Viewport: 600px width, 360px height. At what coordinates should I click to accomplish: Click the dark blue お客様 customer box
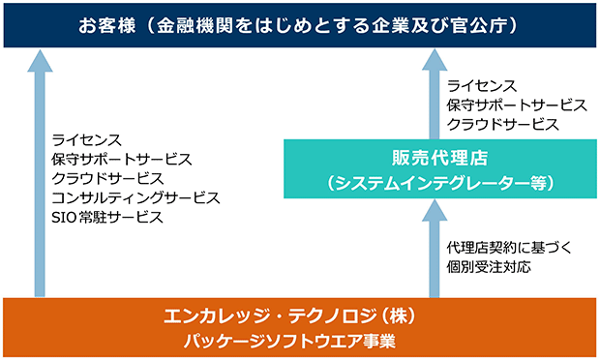pos(300,25)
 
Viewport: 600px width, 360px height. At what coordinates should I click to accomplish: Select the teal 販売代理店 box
pos(440,168)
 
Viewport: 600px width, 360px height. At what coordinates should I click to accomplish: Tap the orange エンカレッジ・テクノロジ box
pos(300,327)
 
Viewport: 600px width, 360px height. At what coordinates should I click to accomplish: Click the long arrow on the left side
pos(40,173)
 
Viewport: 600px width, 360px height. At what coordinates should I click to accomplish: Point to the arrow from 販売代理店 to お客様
pos(435,94)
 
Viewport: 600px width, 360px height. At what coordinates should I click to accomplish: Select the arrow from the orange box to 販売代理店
pos(435,249)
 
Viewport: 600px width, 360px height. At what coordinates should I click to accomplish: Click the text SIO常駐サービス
pos(107,218)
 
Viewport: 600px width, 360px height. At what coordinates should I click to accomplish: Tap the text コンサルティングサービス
pos(135,197)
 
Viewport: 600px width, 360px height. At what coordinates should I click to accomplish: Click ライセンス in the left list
pos(87,140)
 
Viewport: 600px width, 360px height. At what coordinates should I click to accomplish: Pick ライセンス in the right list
pos(482,86)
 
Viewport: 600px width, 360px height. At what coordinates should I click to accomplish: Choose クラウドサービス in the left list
pos(107,179)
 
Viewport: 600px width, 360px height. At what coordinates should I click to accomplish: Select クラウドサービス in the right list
pos(503,124)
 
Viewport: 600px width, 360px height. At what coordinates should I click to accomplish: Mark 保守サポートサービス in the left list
pos(122,159)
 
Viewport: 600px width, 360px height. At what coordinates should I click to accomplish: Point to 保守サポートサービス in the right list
pos(517,105)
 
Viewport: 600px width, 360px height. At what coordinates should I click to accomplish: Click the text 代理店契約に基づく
pos(509,248)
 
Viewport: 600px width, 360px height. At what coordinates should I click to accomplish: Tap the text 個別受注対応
pos(489,267)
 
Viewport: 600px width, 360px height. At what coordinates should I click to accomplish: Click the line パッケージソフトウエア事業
pos(289,341)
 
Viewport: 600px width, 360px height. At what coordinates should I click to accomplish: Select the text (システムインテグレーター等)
pos(440,183)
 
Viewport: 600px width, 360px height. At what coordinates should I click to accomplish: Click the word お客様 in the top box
pos(107,25)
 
